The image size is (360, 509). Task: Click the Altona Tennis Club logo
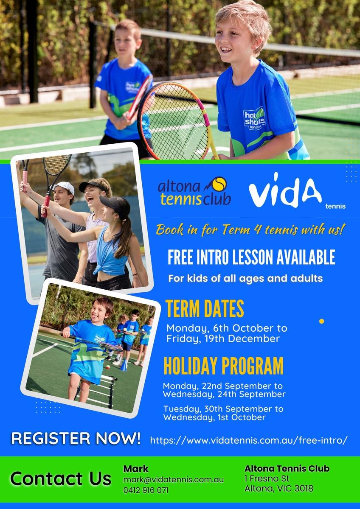(194, 191)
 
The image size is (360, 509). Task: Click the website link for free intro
(249, 440)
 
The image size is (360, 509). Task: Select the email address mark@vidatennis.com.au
(173, 479)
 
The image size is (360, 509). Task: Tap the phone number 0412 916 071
(146, 490)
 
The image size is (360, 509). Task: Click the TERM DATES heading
(205, 309)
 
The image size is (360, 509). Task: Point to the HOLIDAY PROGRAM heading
(224, 366)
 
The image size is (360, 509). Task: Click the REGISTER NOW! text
(76, 438)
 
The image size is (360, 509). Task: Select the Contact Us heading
(61, 478)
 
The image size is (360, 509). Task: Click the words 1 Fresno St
(267, 478)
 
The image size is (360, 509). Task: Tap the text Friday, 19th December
(223, 339)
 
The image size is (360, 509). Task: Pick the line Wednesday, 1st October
(214, 417)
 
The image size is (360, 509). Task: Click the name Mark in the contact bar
(136, 469)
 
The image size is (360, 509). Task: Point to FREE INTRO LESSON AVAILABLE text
(251, 257)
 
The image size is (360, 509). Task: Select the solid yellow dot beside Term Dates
(321, 321)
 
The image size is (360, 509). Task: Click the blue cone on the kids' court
(124, 366)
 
